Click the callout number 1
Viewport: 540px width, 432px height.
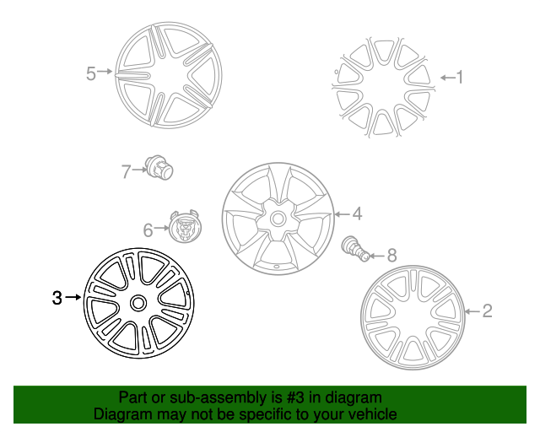[x=460, y=77]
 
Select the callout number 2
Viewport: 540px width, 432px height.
[x=488, y=310]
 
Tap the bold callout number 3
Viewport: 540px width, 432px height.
[x=57, y=298]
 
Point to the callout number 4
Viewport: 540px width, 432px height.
[x=358, y=214]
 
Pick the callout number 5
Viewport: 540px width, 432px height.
[x=91, y=73]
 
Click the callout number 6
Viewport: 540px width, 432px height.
[x=148, y=230]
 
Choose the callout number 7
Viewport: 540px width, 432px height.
[x=126, y=171]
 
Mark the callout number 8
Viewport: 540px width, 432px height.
[x=392, y=256]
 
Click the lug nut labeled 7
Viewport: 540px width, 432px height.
[x=159, y=168]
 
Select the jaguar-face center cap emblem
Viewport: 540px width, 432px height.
[x=185, y=226]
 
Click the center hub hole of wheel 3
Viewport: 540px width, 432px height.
[x=138, y=304]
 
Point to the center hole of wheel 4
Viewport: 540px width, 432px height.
[x=278, y=218]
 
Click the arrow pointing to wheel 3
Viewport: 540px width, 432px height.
[x=73, y=297]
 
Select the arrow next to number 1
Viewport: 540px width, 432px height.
[x=448, y=78]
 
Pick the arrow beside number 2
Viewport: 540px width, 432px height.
[x=472, y=311]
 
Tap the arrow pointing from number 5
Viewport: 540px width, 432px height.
[x=105, y=72]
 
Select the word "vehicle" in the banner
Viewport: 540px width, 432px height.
[x=375, y=414]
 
